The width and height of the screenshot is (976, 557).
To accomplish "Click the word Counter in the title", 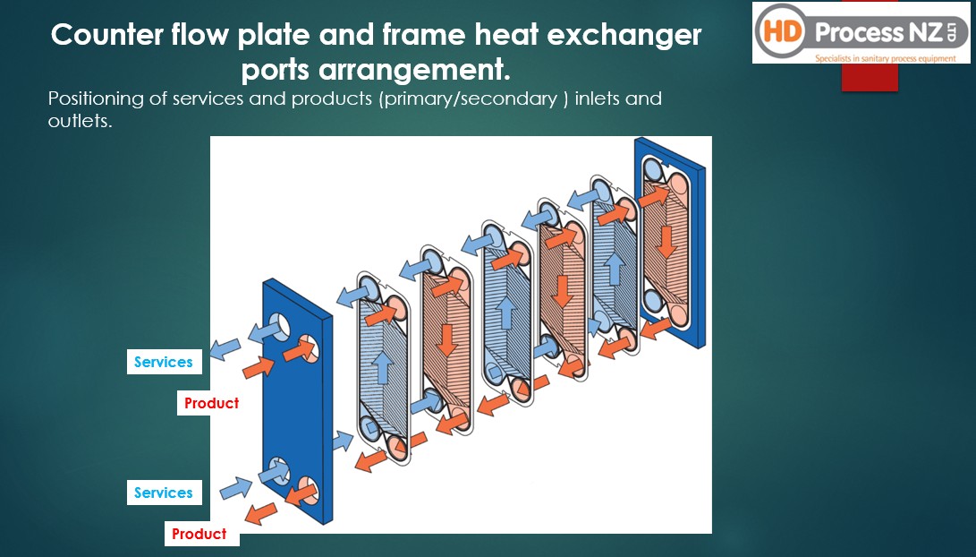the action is click(x=107, y=34).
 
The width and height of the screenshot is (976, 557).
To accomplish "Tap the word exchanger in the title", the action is click(x=624, y=36).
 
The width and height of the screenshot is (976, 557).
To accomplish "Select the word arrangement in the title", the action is click(x=414, y=70).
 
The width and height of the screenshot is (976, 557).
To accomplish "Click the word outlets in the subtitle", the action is click(x=80, y=121).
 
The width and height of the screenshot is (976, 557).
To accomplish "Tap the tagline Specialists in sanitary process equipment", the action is click(x=885, y=58).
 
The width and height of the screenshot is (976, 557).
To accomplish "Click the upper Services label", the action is click(x=165, y=362).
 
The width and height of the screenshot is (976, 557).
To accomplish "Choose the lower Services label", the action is click(x=165, y=493).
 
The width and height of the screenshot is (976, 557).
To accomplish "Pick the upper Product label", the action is click(x=212, y=403).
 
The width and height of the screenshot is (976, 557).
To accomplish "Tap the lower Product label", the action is click(x=199, y=534).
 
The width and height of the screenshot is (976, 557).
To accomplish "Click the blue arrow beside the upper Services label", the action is click(x=225, y=349).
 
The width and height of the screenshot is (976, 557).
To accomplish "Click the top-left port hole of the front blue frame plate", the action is click(x=278, y=326).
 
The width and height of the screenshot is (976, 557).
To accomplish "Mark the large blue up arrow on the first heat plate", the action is click(x=383, y=367).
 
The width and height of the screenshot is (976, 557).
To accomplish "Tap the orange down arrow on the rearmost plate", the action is click(x=666, y=242).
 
